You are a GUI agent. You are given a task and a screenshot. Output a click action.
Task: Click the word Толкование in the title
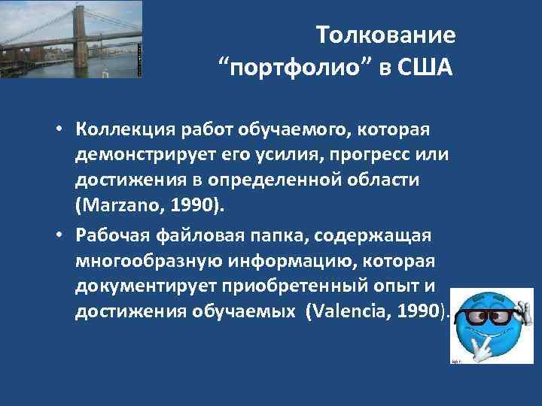point(385,35)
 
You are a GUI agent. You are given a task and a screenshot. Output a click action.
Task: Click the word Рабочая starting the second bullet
point(113,236)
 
